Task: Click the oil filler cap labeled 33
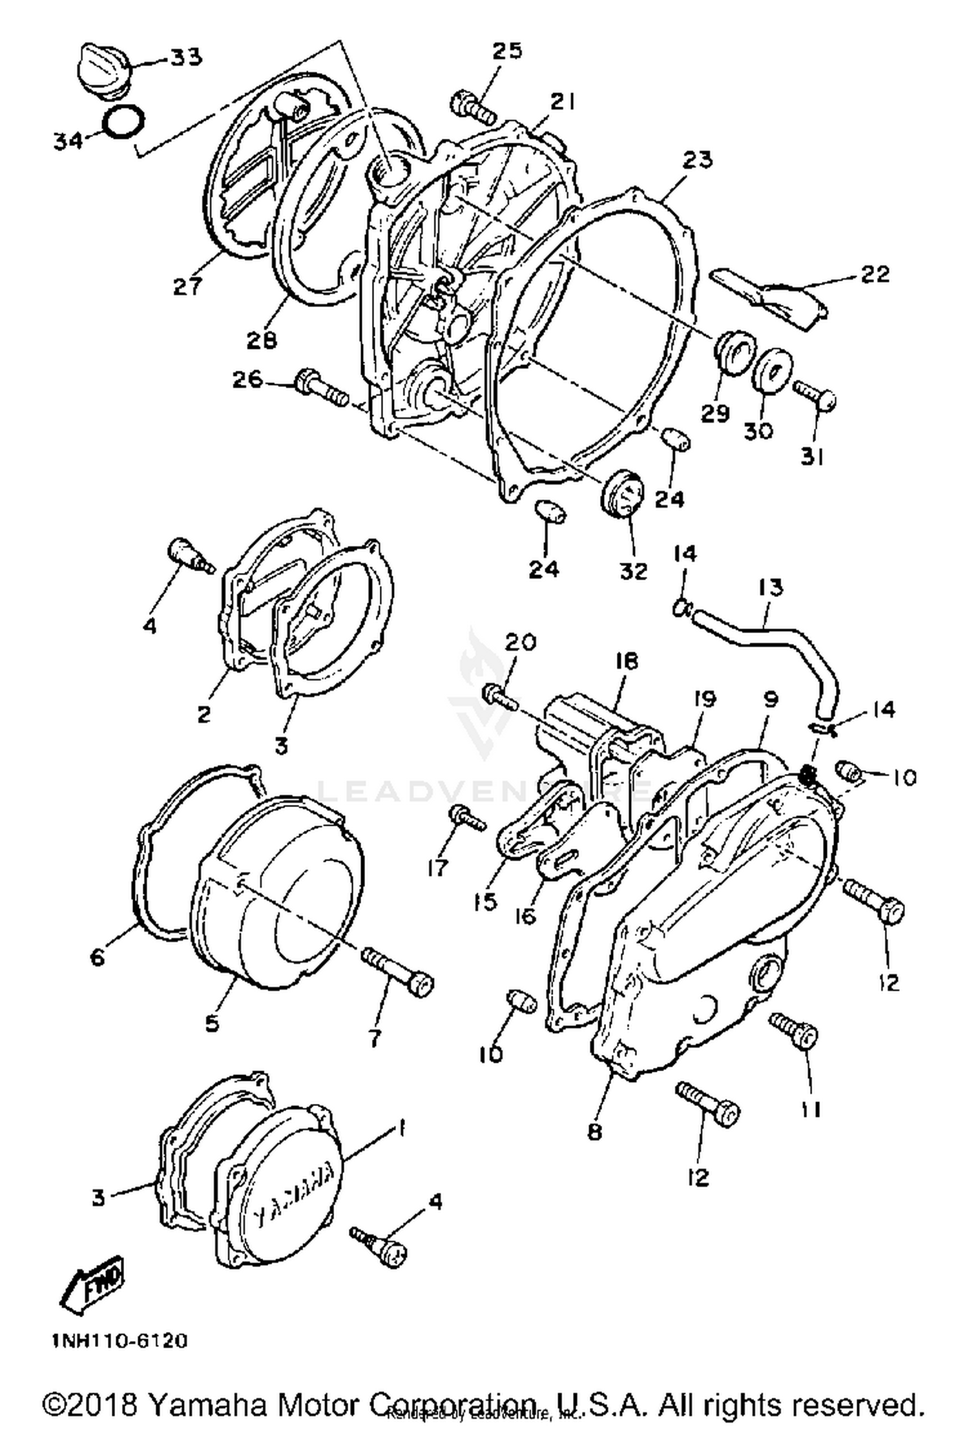pos(104,70)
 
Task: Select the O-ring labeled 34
pos(125,121)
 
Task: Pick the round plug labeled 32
pos(623,494)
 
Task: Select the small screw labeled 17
pos(468,819)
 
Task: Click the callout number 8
pos(594,1131)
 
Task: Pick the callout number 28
pos(262,340)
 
